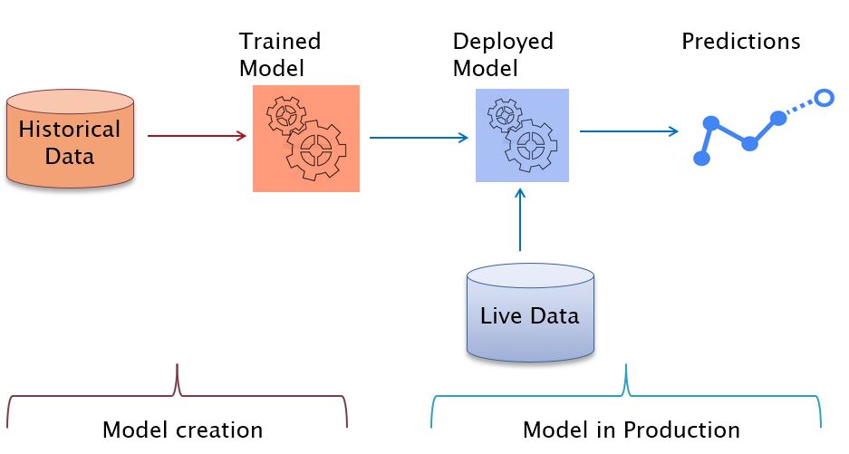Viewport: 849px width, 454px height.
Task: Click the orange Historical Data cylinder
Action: [x=70, y=140]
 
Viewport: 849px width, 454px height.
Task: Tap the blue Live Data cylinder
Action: [x=530, y=314]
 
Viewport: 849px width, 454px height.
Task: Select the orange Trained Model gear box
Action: [x=306, y=139]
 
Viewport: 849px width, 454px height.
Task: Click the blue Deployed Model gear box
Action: [x=522, y=135]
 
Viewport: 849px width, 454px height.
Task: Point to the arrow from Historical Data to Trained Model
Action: [x=197, y=137]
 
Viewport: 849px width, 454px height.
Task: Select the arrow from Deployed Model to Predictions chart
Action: [x=629, y=131]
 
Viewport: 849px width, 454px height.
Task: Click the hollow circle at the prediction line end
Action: [x=823, y=98]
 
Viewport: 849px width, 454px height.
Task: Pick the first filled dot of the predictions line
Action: [x=701, y=159]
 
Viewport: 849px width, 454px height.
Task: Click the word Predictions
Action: [x=740, y=42]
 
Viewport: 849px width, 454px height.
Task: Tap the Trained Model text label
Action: [x=280, y=54]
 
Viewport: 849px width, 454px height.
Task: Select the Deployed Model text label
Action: [x=503, y=54]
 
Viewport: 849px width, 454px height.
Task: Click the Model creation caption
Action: [x=182, y=430]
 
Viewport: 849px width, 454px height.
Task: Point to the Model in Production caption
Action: [x=631, y=430]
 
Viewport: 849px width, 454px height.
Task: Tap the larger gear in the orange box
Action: [x=315, y=150]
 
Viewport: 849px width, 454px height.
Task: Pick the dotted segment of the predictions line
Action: [x=800, y=108]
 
